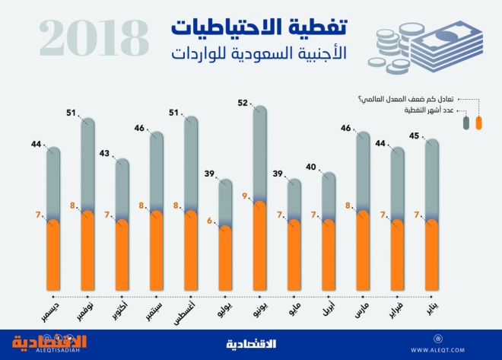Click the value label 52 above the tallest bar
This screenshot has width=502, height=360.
click(243, 103)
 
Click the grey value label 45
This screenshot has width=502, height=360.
click(415, 137)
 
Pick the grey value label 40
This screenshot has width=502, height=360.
click(311, 167)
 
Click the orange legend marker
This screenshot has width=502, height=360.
click(478, 123)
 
